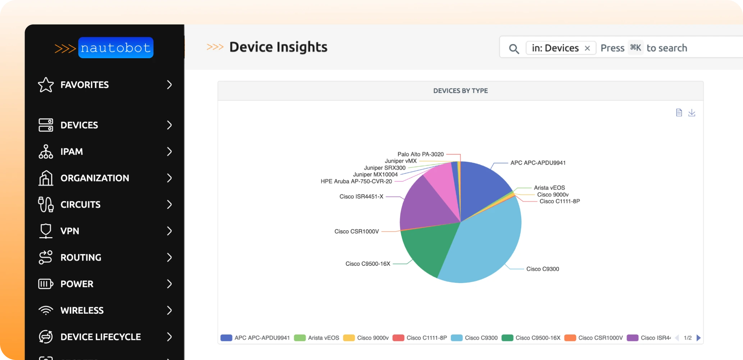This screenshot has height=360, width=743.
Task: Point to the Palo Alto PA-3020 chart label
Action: tap(421, 154)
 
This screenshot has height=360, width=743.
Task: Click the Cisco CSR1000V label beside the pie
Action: tap(357, 231)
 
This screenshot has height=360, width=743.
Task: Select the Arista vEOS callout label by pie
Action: tap(549, 188)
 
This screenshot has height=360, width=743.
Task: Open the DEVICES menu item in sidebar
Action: tap(79, 125)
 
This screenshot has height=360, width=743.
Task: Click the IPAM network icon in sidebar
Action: tap(46, 152)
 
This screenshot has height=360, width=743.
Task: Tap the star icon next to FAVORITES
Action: tap(46, 85)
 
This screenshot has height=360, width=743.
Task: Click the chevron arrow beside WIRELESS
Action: tap(169, 310)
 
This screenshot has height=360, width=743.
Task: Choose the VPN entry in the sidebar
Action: tap(70, 231)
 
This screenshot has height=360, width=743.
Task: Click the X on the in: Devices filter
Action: tap(587, 48)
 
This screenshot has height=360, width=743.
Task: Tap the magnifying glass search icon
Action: tap(514, 49)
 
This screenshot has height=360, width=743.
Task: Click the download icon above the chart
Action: tap(692, 113)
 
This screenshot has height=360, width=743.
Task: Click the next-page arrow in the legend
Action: tap(698, 338)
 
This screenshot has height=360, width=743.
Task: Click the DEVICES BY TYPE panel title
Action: tap(460, 91)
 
